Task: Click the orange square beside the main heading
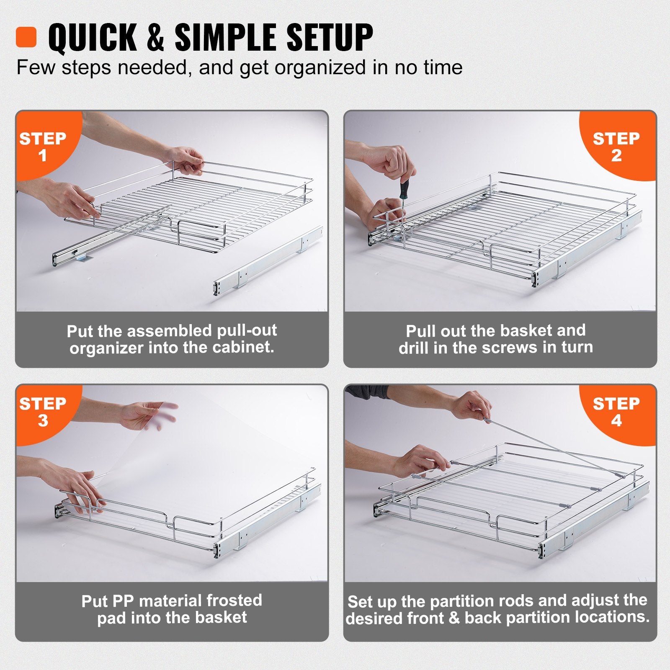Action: pyautogui.click(x=26, y=37)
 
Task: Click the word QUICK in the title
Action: pyautogui.click(x=92, y=38)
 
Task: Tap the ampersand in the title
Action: pyautogui.click(x=155, y=38)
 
